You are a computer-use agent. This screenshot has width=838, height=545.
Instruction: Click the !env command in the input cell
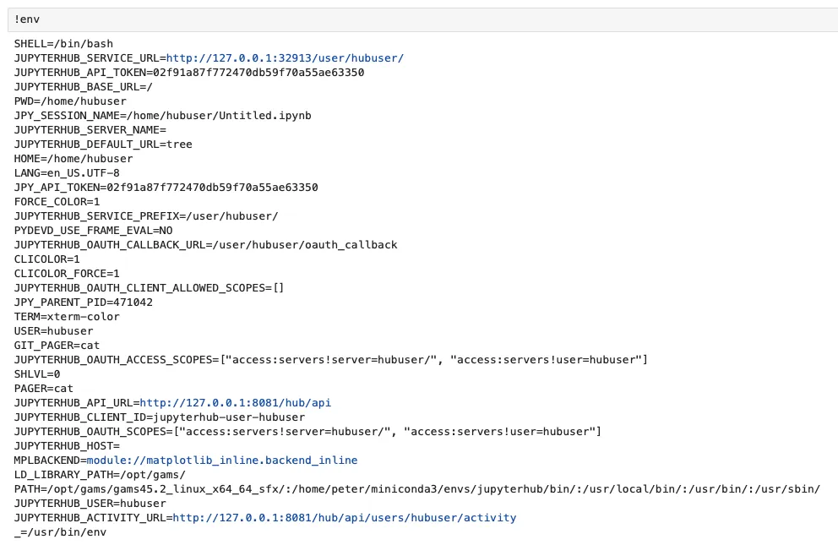click(27, 19)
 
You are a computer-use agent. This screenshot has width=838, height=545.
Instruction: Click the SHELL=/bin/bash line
click(63, 44)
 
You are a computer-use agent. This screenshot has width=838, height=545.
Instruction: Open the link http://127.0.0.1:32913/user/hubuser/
click(285, 58)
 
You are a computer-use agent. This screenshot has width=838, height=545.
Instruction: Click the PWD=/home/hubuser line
click(71, 101)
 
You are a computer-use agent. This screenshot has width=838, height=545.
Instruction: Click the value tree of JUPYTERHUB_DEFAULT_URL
click(179, 144)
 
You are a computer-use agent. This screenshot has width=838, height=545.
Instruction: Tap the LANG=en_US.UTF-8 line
click(67, 173)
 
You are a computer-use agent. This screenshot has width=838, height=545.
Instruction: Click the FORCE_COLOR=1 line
click(57, 202)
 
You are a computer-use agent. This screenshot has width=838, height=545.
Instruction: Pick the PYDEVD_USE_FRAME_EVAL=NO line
click(94, 231)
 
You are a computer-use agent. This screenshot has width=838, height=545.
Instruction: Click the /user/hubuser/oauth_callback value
click(305, 245)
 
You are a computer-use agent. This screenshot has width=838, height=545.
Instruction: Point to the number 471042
click(133, 302)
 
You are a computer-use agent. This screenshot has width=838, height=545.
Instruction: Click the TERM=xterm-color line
click(67, 317)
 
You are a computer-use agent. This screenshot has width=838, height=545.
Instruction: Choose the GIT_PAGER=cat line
click(57, 346)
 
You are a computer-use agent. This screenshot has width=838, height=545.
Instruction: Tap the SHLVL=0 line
click(37, 374)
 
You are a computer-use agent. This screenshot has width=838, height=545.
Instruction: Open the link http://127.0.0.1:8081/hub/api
click(235, 403)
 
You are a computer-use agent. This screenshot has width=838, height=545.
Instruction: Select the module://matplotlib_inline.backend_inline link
click(222, 461)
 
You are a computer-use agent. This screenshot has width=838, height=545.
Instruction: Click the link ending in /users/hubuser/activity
click(344, 518)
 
